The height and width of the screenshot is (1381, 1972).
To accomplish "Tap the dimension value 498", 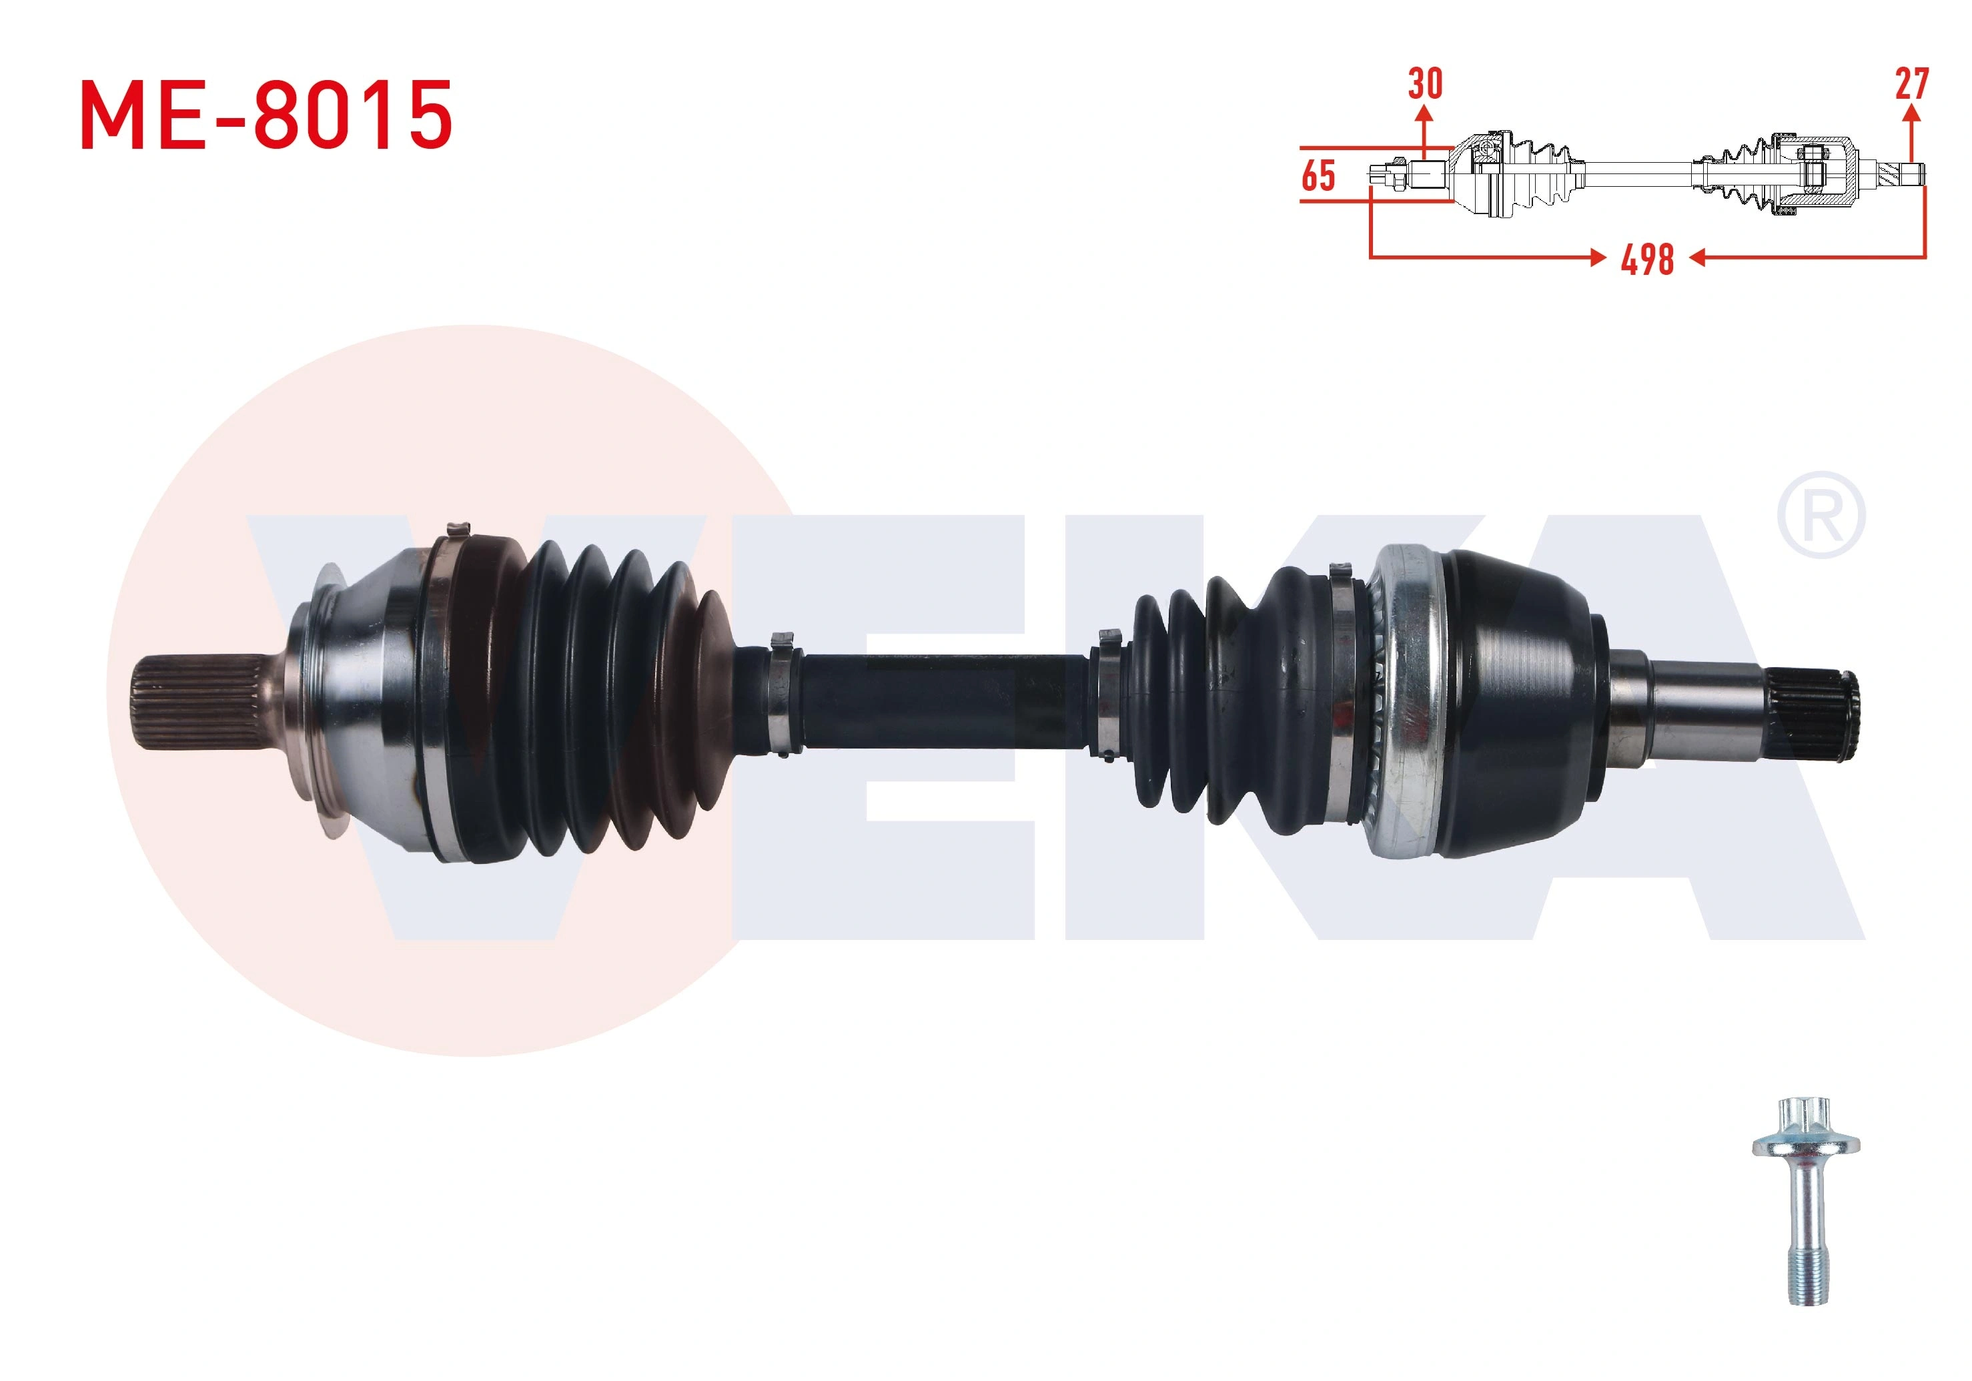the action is (1647, 260).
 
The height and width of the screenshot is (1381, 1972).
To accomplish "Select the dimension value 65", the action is (1318, 175).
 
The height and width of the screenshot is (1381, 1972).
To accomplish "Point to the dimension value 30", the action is (1425, 83).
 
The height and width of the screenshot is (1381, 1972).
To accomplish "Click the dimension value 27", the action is (1912, 83).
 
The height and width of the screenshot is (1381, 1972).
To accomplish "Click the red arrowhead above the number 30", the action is (1425, 113).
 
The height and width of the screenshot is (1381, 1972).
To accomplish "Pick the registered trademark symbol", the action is (1821, 514).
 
